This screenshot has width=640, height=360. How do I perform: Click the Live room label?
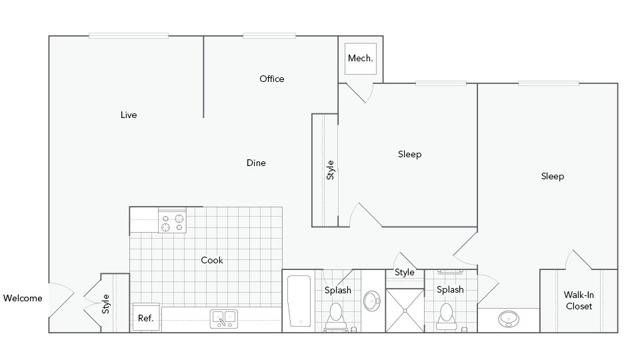coord(128,115)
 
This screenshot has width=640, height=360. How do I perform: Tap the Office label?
coord(272,79)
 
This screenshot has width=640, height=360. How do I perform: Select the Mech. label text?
coord(360,59)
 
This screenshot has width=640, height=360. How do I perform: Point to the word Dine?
coord(257,163)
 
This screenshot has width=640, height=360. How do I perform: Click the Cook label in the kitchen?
coord(212,260)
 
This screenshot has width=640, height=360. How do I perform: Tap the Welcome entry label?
coord(23,298)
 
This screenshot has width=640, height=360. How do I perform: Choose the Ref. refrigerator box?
coord(145,318)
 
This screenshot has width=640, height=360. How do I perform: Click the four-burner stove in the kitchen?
coord(173,220)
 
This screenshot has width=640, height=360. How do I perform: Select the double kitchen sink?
coord(223,319)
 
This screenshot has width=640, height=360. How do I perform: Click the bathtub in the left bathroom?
coord(299,301)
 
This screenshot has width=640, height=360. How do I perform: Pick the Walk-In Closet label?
coord(578,300)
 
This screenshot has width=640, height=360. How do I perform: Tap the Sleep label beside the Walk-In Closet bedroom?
coord(553,177)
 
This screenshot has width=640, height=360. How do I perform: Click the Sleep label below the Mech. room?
coord(410,154)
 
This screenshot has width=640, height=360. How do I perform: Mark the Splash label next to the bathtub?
coord(338,290)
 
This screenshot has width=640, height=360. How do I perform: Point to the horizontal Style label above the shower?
coord(404,273)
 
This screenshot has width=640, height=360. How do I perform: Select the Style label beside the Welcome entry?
coord(106,302)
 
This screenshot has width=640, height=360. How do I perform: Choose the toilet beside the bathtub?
coord(336,317)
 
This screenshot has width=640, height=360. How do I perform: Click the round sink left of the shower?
coord(371,301)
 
